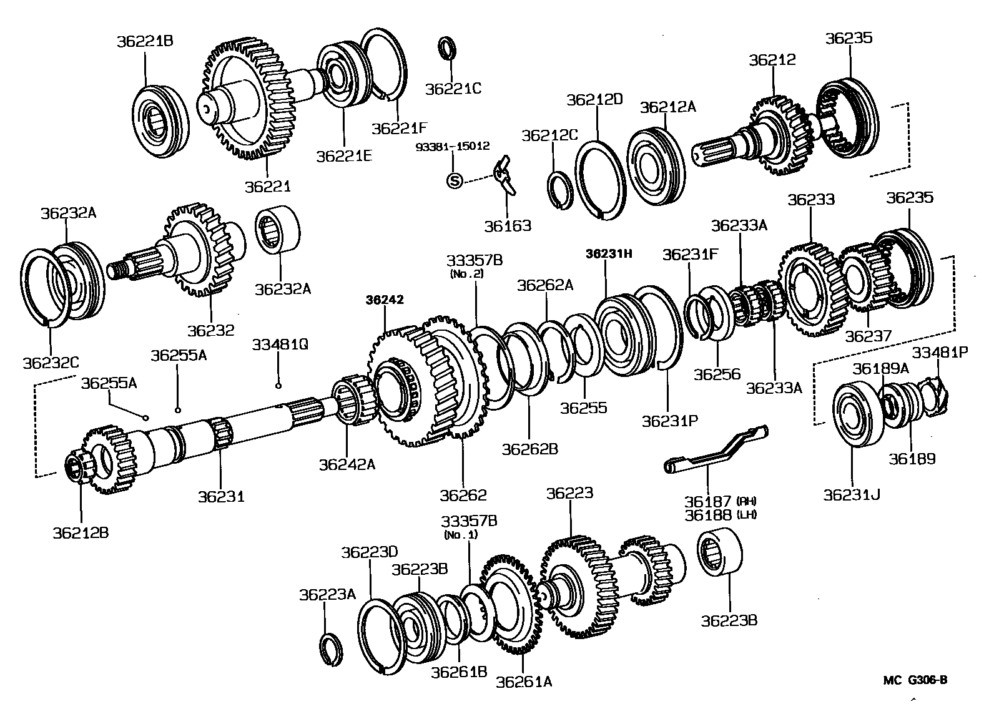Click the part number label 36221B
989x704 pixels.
[144, 41]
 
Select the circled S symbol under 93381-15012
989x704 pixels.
[455, 181]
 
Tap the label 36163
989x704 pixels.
[508, 225]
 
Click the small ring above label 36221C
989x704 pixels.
[446, 49]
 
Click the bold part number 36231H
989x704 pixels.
[609, 253]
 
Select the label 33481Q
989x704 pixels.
[280, 345]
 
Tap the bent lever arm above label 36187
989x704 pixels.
[715, 448]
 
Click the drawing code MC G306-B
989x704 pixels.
[915, 680]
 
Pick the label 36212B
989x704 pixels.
[81, 532]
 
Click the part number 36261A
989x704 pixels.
[524, 682]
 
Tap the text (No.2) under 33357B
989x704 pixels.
[466, 273]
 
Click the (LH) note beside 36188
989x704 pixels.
[746, 515]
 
